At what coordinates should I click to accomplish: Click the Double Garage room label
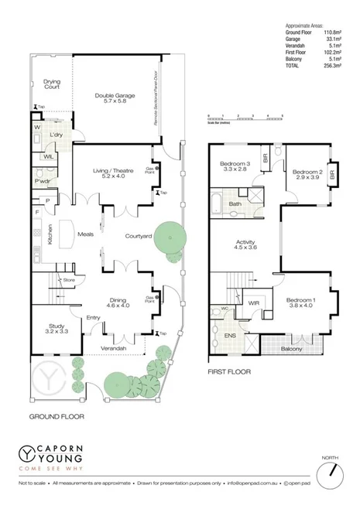(x=115, y=98)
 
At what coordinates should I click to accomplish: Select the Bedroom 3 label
(x=233, y=166)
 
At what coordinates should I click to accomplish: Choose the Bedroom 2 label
(x=308, y=175)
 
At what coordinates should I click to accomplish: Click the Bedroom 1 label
(x=299, y=302)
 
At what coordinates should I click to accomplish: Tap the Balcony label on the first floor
(x=292, y=350)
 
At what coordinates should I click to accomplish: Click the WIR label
(x=252, y=302)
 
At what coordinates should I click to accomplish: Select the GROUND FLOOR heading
(x=57, y=416)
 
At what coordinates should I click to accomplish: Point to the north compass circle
(x=331, y=470)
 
